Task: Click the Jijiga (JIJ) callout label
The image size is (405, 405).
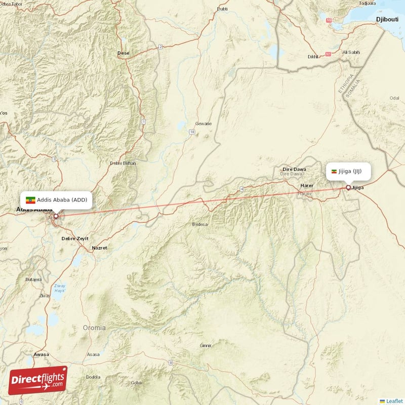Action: tap(347, 171)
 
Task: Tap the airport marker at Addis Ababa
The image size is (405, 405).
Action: tap(56, 216)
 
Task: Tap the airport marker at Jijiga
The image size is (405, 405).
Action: tap(348, 188)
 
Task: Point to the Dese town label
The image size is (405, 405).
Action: tap(123, 53)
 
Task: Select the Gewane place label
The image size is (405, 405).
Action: tap(204, 124)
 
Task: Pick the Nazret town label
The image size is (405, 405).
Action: tap(99, 248)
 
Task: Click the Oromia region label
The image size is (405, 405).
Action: tap(94, 328)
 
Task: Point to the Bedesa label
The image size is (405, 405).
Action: tap(200, 224)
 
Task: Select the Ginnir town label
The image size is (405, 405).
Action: tap(205, 345)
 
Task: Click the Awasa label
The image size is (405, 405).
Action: tap(41, 354)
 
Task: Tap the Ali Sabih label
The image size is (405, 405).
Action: tap(351, 52)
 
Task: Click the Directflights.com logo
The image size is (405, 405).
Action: tap(38, 380)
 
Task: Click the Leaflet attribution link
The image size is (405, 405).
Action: tap(394, 400)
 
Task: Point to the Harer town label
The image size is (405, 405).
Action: tap(307, 186)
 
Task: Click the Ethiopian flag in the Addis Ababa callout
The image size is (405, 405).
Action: tap(30, 200)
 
